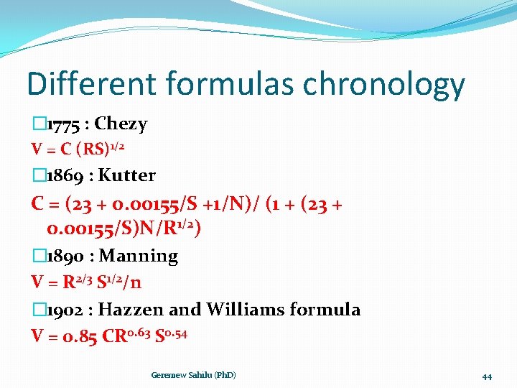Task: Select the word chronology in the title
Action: click(x=384, y=85)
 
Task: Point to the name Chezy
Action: click(x=121, y=124)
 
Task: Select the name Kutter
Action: click(x=126, y=175)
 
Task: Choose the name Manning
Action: click(x=139, y=256)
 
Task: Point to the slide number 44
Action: click(x=486, y=377)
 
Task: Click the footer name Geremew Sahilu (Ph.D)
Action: click(x=194, y=375)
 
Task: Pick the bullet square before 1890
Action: click(x=38, y=257)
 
